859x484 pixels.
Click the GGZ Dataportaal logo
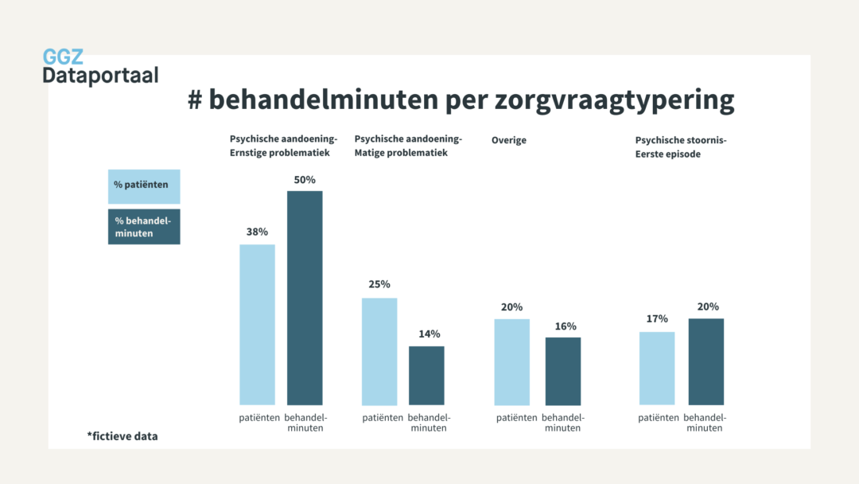coord(100,67)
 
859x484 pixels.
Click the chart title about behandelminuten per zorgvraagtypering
coord(461,100)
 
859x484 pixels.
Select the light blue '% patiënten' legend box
coord(144,186)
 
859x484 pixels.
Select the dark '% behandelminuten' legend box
coord(144,226)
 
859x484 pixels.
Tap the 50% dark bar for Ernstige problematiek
coord(305,298)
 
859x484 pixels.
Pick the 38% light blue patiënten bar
coord(257,324)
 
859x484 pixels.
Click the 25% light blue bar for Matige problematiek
coord(379,351)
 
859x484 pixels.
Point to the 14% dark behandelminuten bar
coord(426,375)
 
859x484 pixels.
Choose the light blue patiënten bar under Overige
coord(511,361)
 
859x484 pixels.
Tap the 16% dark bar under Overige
coord(563,371)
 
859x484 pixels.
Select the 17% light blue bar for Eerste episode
coord(657,368)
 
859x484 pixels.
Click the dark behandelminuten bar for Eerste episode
coord(706,361)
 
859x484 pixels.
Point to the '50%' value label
coord(305,180)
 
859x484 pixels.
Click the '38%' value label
coord(257,232)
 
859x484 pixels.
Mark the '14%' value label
coord(429,334)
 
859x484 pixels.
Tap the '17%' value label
coord(657,319)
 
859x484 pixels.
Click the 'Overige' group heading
coord(509,141)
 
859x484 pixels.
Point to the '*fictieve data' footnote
coord(122,436)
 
